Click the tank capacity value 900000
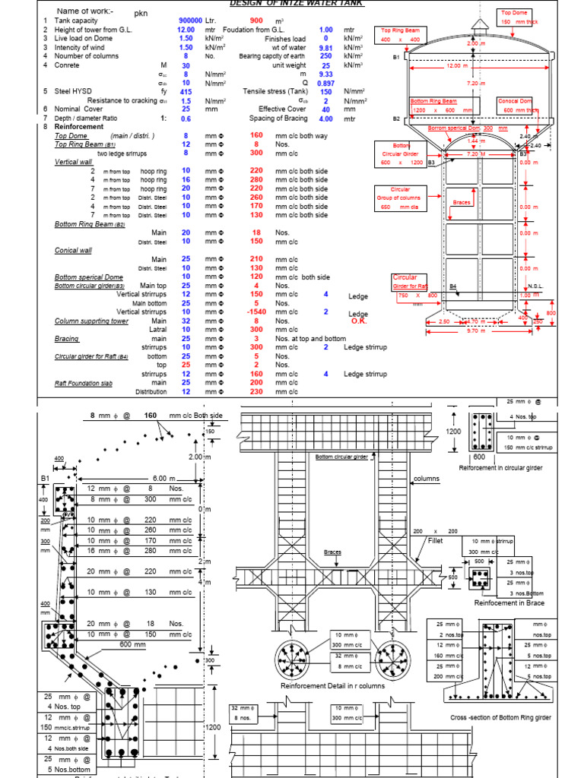point(190,20)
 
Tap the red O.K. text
point(360,321)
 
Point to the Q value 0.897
point(325,84)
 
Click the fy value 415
point(185,92)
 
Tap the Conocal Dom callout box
point(517,105)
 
